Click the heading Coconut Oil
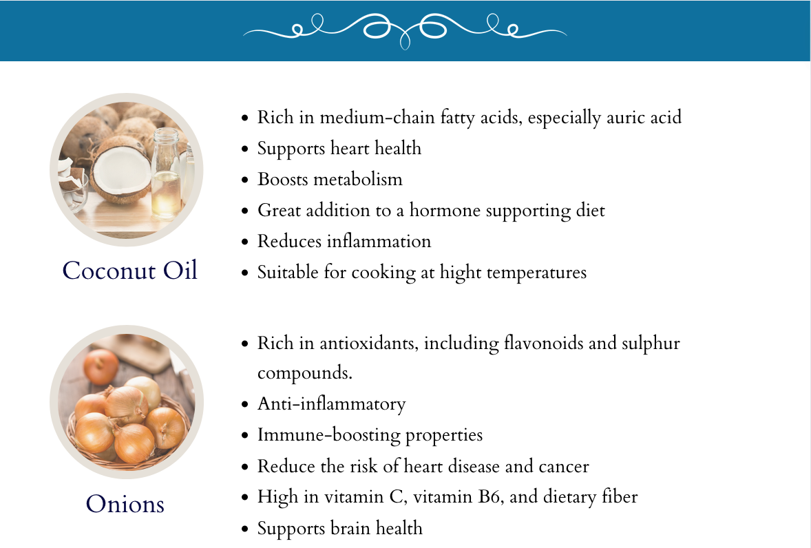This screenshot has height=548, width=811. click(x=130, y=271)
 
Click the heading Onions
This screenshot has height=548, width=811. click(x=125, y=503)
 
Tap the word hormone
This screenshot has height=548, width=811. click(x=445, y=211)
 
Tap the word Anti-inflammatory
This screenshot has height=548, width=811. click(x=332, y=403)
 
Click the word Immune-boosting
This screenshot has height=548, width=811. click(x=328, y=435)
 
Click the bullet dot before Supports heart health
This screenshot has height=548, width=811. click(x=244, y=149)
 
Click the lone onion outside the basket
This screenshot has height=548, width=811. click(x=101, y=366)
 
